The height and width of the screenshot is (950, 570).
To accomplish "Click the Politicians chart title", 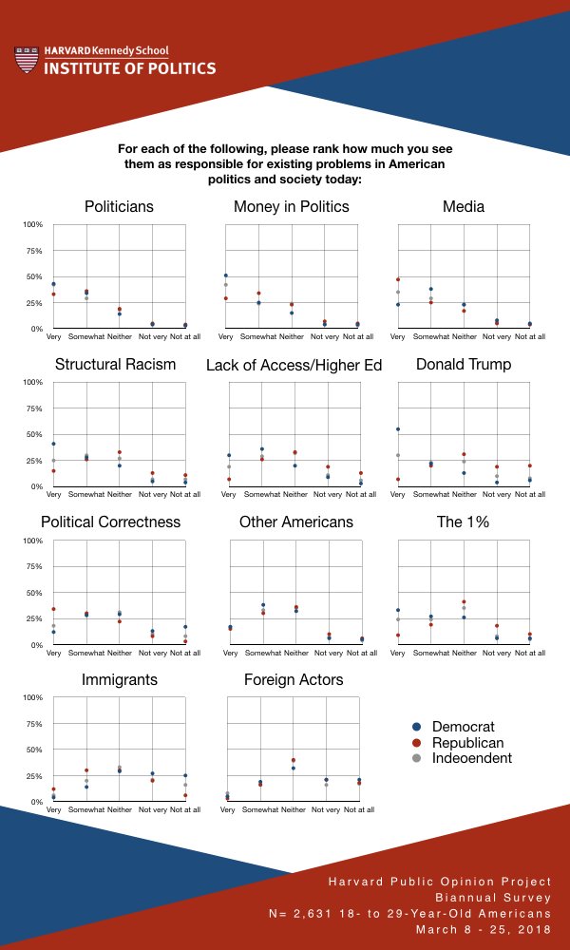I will (119, 206).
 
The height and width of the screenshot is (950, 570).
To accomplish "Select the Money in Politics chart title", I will (292, 206).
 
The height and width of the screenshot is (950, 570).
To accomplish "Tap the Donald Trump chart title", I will (464, 364).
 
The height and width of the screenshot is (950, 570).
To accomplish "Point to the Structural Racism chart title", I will (116, 364).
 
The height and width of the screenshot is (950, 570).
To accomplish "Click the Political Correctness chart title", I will (110, 522).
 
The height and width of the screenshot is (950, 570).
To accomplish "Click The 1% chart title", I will (464, 522).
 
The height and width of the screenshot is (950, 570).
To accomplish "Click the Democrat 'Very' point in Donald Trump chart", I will (398, 429).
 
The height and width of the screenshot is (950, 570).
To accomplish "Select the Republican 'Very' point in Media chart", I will (398, 279).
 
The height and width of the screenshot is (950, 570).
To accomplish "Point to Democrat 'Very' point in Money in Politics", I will (226, 275).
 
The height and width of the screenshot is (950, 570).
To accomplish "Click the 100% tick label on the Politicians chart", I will (33, 225).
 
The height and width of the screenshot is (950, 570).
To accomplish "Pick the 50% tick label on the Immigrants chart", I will (34, 750).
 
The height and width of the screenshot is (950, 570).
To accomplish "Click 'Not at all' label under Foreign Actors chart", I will (358, 810).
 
